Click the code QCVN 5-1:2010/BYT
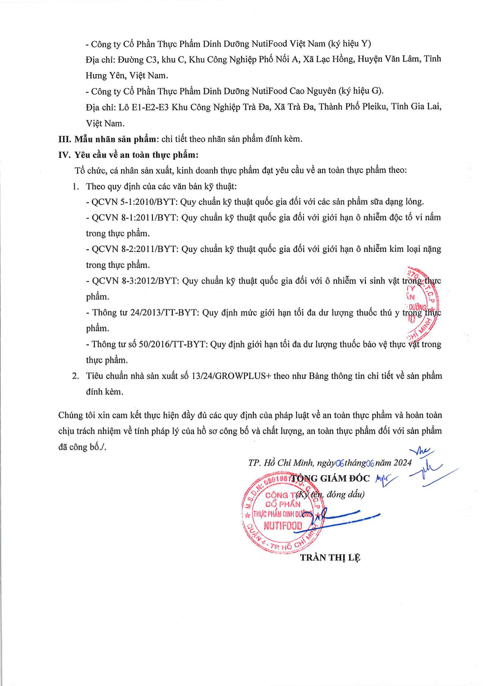click(133, 202)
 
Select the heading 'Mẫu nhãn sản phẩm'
click(115, 139)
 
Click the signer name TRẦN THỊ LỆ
click(330, 558)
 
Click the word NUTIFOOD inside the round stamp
click(283, 526)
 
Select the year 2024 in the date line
click(402, 463)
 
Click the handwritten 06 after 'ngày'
click(340, 463)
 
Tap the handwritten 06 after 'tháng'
click(370, 463)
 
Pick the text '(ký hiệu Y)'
click(350, 44)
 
